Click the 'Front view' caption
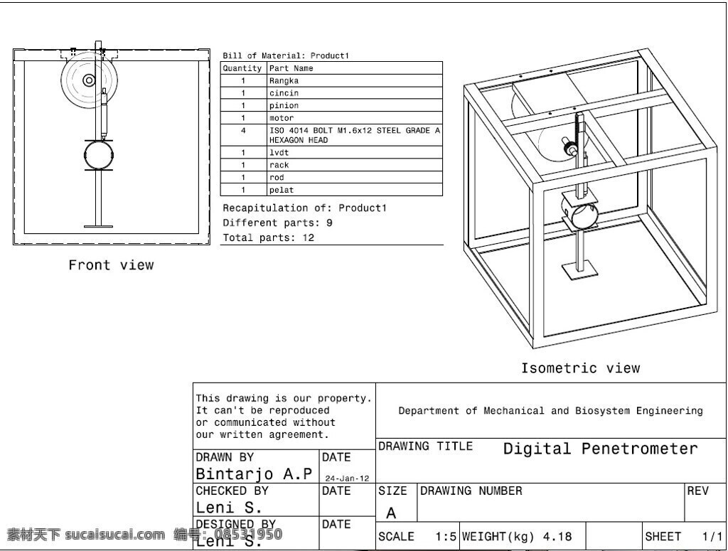click(x=111, y=265)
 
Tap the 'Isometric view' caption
click(x=580, y=368)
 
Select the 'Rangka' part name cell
click(x=355, y=80)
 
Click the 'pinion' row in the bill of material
click(x=331, y=105)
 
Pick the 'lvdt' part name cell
click(x=355, y=152)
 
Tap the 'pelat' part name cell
click(x=355, y=190)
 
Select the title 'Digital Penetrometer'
click(x=600, y=449)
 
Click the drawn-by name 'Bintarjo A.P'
click(x=254, y=474)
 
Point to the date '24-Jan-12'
click(x=347, y=478)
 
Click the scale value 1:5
click(x=446, y=537)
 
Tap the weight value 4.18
click(x=557, y=537)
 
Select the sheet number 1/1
click(x=712, y=537)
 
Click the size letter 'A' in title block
click(x=392, y=513)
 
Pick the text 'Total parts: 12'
click(x=268, y=237)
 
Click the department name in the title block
click(x=551, y=411)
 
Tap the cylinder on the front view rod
click(x=99, y=155)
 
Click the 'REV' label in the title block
click(x=698, y=491)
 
